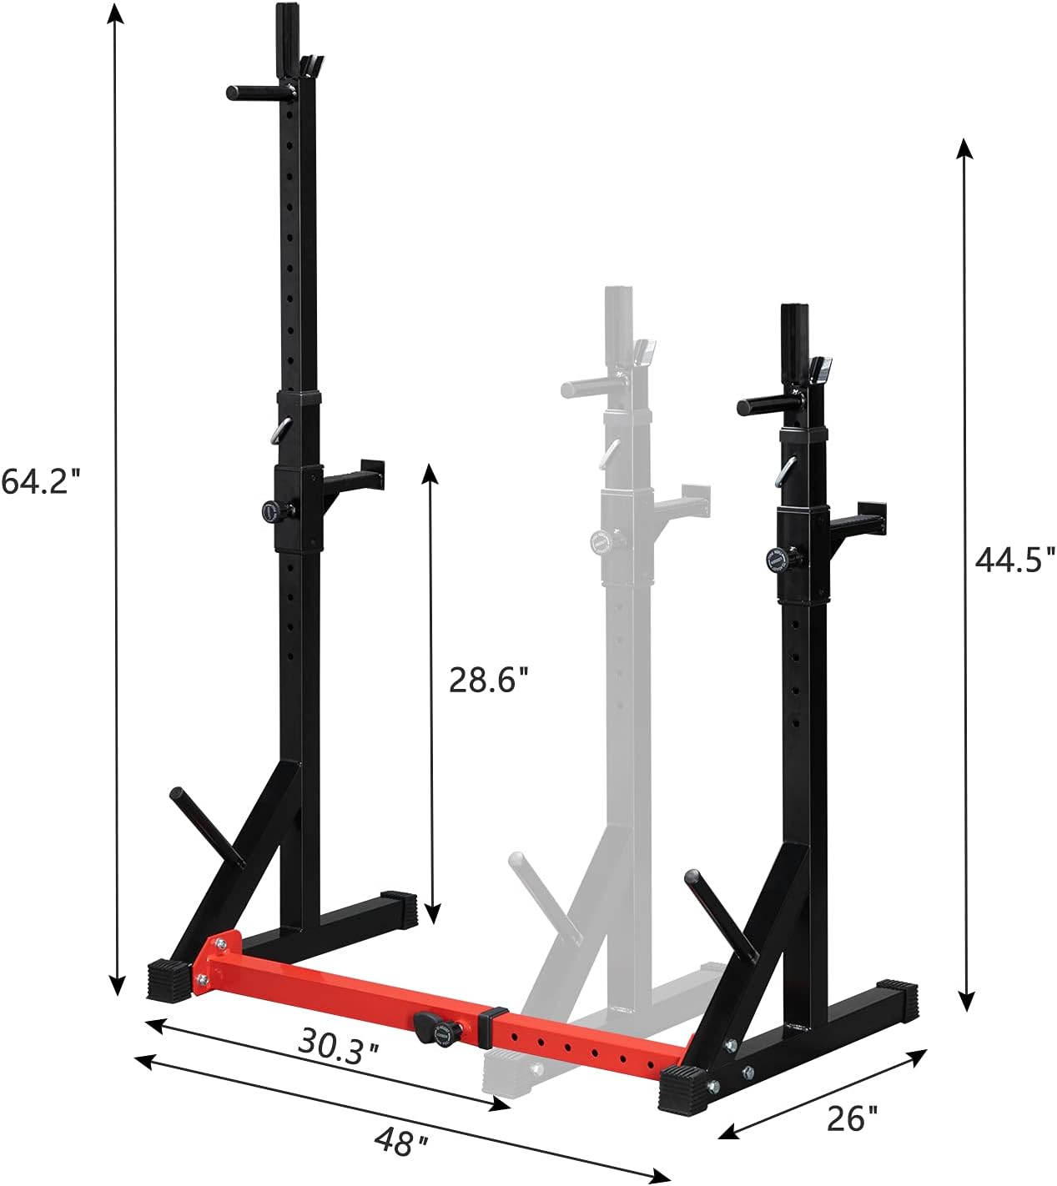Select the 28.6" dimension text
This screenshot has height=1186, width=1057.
[489, 678]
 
